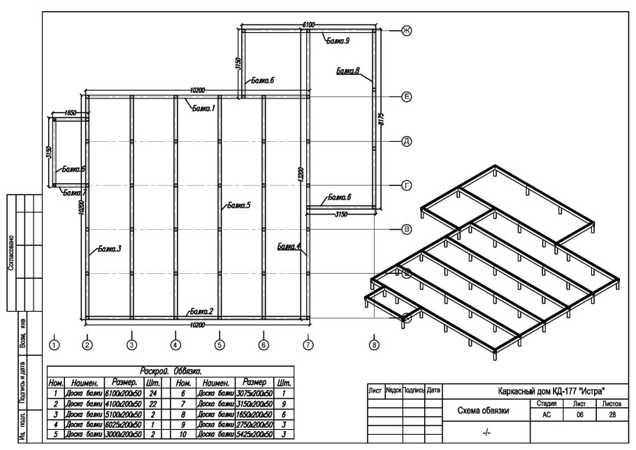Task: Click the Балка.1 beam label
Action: [203, 109]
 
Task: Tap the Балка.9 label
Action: [338, 41]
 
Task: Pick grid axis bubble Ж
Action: [405, 31]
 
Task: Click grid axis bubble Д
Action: [405, 141]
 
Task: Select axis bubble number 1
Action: [55, 343]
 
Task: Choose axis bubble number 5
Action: [219, 343]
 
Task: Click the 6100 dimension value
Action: [308, 25]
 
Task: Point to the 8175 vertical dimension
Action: [382, 124]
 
